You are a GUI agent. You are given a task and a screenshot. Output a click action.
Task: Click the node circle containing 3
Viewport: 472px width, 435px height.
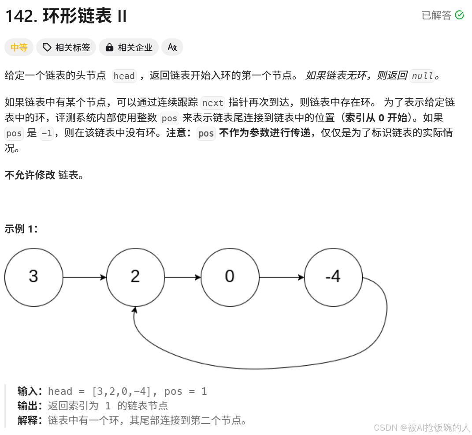click(33, 277)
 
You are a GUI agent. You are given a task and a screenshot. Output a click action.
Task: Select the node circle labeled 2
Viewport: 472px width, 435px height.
click(135, 277)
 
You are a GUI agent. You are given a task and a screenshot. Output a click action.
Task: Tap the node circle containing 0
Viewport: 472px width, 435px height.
click(230, 277)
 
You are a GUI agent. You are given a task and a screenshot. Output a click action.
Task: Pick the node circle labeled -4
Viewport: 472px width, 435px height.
click(333, 277)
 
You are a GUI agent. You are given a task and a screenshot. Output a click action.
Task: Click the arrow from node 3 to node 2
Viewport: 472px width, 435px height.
click(85, 277)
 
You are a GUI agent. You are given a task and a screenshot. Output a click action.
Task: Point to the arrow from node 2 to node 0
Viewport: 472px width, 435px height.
click(182, 277)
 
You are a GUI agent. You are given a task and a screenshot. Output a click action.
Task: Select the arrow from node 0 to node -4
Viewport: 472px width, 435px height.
click(282, 277)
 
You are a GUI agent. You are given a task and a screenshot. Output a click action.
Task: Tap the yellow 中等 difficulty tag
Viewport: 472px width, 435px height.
click(19, 48)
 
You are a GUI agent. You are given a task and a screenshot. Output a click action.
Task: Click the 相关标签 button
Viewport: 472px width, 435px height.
click(66, 48)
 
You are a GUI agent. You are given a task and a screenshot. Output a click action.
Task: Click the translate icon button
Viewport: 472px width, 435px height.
click(172, 48)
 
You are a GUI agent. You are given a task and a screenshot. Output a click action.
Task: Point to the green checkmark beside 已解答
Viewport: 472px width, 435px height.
click(459, 15)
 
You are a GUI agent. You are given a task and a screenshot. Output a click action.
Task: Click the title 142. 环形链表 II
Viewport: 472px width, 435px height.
click(66, 16)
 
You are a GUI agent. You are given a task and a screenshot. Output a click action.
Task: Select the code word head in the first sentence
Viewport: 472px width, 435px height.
click(124, 76)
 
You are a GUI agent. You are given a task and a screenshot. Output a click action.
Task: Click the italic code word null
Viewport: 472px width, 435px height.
click(422, 76)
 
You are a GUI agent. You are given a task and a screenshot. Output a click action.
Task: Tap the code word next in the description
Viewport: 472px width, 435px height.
click(213, 103)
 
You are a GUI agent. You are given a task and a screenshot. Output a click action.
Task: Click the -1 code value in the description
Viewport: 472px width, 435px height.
click(46, 133)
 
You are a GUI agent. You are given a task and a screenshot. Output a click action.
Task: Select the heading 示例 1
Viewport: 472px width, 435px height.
click(21, 229)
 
